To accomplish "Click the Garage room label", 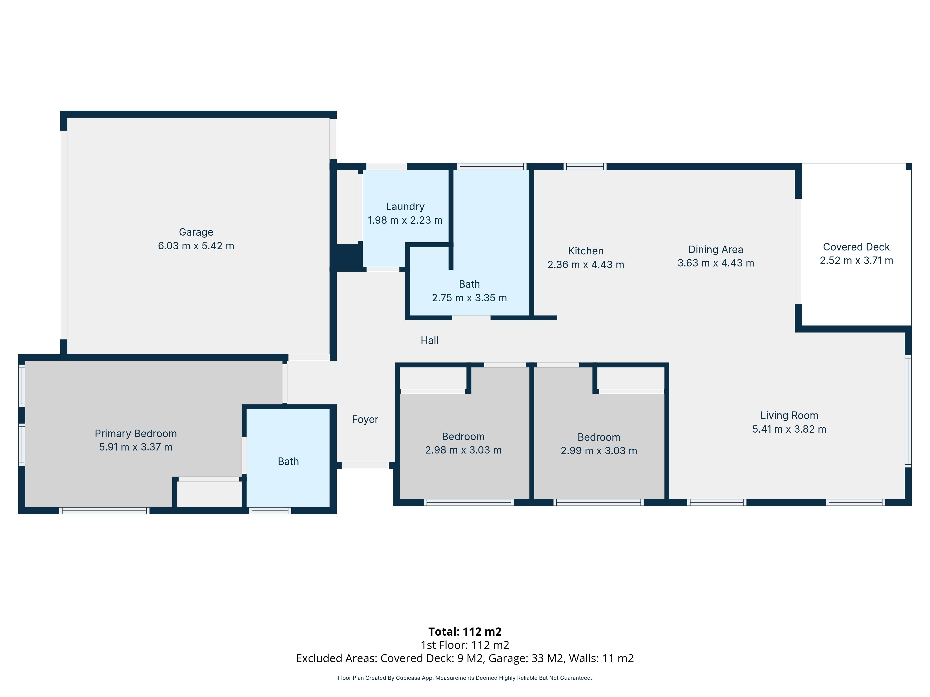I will pyautogui.click(x=196, y=232).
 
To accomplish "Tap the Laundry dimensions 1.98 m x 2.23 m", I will pyautogui.click(x=405, y=220).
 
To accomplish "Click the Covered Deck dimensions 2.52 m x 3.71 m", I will pyautogui.click(x=856, y=260).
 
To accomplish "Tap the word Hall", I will pyautogui.click(x=429, y=340).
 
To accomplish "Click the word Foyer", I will pyautogui.click(x=365, y=419).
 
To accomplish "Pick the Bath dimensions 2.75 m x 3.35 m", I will pyautogui.click(x=469, y=298).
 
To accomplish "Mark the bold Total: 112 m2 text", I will pyautogui.click(x=465, y=631).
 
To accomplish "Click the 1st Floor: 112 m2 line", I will pyautogui.click(x=465, y=645).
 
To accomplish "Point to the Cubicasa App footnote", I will pyautogui.click(x=465, y=678).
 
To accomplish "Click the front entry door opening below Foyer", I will pyautogui.click(x=365, y=465).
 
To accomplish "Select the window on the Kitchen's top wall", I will pyautogui.click(x=585, y=166).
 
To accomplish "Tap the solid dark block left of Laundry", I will pyautogui.click(x=347, y=257).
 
